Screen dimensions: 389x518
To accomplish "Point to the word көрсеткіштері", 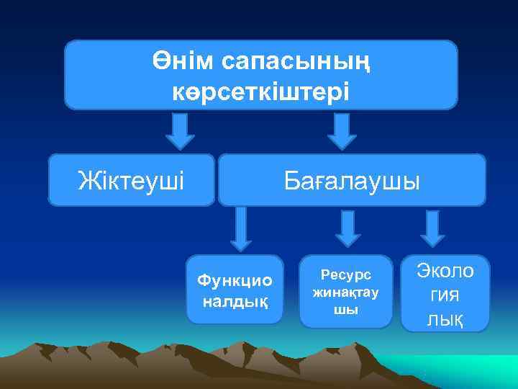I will pyautogui.click(x=261, y=91).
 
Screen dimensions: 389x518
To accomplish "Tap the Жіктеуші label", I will pyautogui.click(x=131, y=179).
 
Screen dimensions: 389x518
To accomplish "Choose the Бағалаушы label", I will pyautogui.click(x=351, y=179).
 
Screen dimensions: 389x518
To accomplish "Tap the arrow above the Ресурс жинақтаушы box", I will pyautogui.click(x=349, y=228).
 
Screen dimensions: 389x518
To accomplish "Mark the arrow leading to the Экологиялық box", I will pyautogui.click(x=432, y=228).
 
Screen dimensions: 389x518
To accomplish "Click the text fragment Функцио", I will pyautogui.click(x=234, y=280).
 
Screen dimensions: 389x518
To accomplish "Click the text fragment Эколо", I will pyautogui.click(x=445, y=272).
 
